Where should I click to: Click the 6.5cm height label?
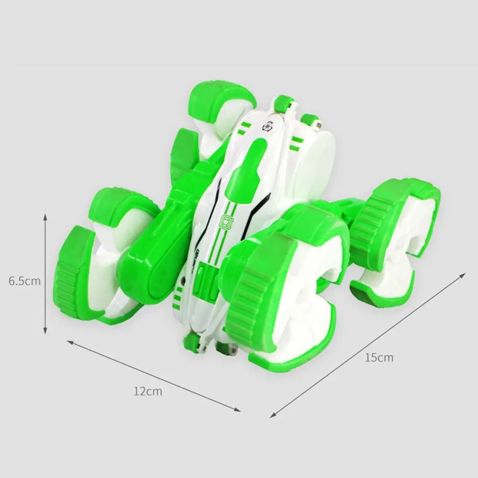[24, 281]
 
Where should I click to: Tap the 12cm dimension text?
[148, 391]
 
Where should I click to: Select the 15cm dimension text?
[379, 357]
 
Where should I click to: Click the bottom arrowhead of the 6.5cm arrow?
[45, 330]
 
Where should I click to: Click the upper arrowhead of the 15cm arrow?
[463, 275]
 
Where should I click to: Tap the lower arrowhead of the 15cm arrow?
[274, 415]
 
